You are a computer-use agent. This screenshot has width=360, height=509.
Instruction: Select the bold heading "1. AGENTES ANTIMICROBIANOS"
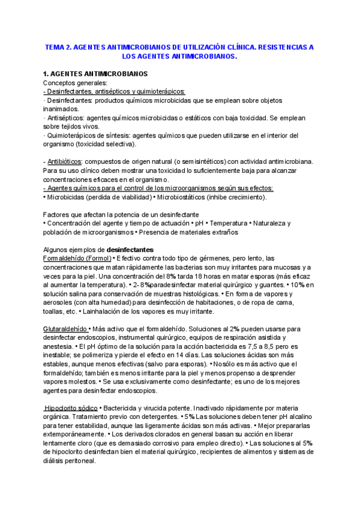tap(96, 74)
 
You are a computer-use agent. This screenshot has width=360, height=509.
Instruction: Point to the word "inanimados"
tap(60, 109)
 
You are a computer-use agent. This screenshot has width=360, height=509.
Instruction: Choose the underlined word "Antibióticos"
tap(64, 162)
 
